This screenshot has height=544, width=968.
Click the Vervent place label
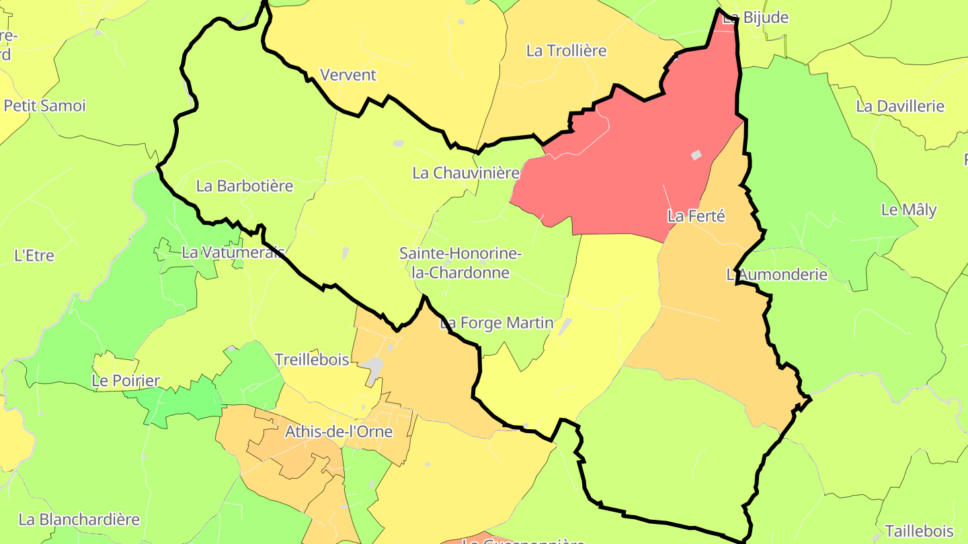[348, 75]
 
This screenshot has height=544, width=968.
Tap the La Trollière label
[566, 50]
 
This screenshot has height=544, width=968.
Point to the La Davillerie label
[900, 106]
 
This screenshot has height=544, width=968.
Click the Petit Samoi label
[45, 105]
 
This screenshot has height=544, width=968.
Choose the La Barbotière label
[245, 186]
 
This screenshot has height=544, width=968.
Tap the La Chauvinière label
[466, 173]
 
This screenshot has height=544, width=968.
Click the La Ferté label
[696, 216]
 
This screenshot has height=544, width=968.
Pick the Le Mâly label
[909, 210]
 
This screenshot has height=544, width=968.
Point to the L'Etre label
[34, 255]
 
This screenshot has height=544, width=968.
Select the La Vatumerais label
[233, 253]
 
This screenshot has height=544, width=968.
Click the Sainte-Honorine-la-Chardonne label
[460, 263]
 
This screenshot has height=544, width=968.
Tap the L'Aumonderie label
[777, 274]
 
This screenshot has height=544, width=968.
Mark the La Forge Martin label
[497, 323]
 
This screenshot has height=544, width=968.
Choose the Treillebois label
[312, 359]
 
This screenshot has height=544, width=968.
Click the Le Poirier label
[126, 381]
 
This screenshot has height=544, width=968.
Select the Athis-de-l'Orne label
[339, 431]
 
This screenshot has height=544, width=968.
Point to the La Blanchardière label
[79, 519]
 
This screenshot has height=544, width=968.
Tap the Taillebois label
[919, 531]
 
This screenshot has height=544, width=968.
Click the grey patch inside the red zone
[696, 155]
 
